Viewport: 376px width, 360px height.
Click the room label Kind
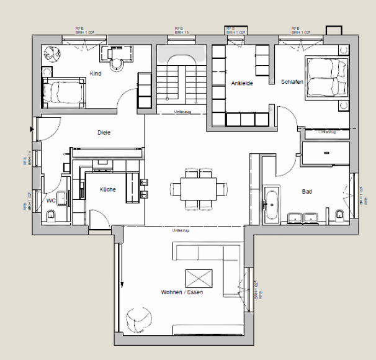(95, 73)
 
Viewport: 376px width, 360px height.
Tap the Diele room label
(104, 132)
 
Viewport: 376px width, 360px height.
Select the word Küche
(107, 190)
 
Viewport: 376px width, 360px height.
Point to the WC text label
(51, 201)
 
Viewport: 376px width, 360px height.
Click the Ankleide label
(242, 83)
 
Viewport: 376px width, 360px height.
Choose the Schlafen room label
(291, 81)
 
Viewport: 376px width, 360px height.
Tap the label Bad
(307, 192)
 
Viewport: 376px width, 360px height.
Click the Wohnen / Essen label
(182, 292)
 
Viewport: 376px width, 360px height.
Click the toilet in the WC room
(51, 215)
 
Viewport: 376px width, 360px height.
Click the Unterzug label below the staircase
(182, 112)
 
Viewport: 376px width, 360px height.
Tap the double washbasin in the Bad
(302, 217)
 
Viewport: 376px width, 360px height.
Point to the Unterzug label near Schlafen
(328, 132)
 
